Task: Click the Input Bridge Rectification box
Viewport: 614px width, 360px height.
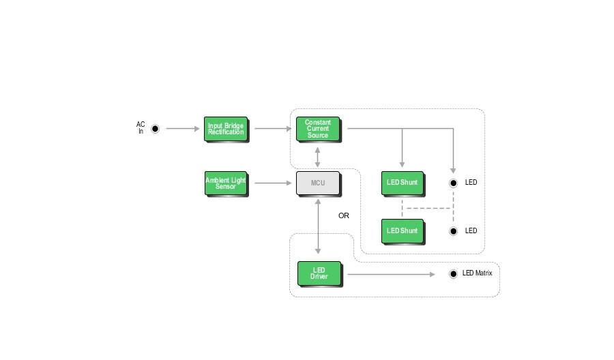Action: click(x=226, y=129)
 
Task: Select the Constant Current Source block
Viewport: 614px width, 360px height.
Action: click(x=318, y=129)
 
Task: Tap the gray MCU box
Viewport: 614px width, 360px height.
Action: click(x=318, y=183)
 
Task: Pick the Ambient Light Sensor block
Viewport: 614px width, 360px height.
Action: click(x=226, y=183)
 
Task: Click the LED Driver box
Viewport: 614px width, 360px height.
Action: click(x=319, y=273)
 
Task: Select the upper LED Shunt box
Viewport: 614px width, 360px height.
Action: click(x=403, y=183)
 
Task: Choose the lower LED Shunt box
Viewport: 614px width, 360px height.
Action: click(x=403, y=231)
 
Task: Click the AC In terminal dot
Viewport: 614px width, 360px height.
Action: click(x=155, y=128)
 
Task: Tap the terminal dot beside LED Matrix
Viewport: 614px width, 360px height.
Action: click(x=453, y=274)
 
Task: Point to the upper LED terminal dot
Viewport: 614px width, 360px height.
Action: click(x=453, y=183)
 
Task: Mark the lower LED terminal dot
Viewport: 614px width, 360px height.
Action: click(x=453, y=231)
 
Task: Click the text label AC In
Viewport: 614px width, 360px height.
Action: click(x=141, y=127)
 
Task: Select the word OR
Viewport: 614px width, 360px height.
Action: click(x=344, y=215)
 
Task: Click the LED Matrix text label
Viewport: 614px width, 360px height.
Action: click(x=477, y=273)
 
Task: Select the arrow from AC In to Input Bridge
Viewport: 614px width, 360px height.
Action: click(x=182, y=128)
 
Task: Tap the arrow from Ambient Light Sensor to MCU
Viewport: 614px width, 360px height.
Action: click(x=273, y=183)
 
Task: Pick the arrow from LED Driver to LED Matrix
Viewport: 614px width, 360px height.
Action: click(x=390, y=274)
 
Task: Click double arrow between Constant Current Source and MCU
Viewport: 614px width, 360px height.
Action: click(x=318, y=156)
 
